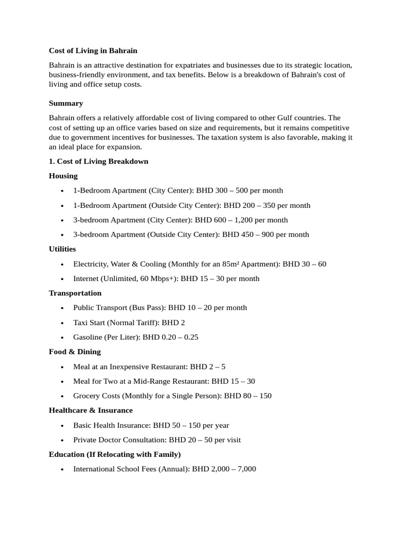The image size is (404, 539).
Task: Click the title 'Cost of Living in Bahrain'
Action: click(93, 51)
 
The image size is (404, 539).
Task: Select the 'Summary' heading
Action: click(66, 103)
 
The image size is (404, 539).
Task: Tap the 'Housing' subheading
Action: click(63, 176)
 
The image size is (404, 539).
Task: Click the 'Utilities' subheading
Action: click(62, 249)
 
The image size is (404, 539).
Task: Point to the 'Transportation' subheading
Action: click(75, 293)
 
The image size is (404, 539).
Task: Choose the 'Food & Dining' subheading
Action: click(75, 352)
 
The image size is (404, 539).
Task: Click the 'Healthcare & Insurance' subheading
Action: click(91, 410)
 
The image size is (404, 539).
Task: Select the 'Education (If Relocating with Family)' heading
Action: click(115, 454)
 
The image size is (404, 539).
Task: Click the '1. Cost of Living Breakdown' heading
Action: click(98, 162)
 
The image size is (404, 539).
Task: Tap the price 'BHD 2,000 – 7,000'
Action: click(224, 468)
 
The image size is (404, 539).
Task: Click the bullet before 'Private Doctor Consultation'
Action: click(62, 440)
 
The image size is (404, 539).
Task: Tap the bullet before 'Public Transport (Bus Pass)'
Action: click(62, 308)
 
